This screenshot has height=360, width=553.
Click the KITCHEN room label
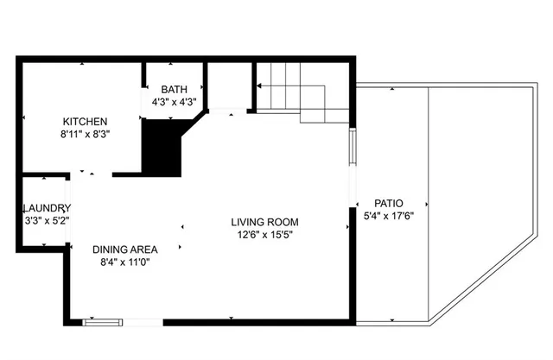point(85,121)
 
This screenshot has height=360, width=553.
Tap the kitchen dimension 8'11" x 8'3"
point(85,134)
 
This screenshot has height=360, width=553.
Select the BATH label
point(175,89)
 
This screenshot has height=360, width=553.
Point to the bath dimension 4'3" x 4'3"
point(175,102)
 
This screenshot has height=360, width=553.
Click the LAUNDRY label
point(47,208)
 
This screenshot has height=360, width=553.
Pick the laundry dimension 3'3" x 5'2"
point(47,221)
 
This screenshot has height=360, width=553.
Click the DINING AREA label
point(124,249)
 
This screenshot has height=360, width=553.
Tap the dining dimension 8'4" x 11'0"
point(124,262)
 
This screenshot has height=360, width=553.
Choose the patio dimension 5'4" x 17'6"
point(389,217)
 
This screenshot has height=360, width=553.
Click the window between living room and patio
point(352,147)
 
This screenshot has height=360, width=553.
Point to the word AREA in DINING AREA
point(142,249)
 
